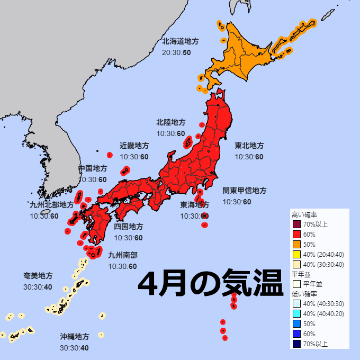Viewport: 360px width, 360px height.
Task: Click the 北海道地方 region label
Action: coord(181,41)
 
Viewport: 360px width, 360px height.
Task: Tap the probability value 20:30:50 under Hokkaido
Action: coord(176,52)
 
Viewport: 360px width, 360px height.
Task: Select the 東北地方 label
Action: coord(249,146)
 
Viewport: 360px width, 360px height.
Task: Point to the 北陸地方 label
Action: coord(170,122)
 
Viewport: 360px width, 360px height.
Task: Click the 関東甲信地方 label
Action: coord(244,191)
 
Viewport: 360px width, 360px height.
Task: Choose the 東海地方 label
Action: coord(194,205)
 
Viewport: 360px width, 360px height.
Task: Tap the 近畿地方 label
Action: coord(134,146)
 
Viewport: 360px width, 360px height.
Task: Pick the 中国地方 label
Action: coord(92,168)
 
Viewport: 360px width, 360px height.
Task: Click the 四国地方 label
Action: coord(128,227)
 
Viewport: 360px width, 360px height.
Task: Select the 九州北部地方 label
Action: coord(51,205)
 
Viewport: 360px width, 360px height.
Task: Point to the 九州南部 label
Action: coord(122,255)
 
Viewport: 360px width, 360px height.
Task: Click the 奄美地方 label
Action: coord(38,276)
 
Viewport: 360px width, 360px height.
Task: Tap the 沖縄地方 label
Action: coord(74,337)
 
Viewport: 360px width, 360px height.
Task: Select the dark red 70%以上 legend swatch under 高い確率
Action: coord(296,224)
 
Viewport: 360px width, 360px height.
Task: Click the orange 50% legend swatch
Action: coord(296,244)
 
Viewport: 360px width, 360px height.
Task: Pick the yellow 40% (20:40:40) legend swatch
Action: coord(296,254)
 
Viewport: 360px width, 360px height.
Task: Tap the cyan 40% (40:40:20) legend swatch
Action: coord(296,314)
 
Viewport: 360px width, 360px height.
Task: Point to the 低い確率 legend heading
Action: coord(304,294)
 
